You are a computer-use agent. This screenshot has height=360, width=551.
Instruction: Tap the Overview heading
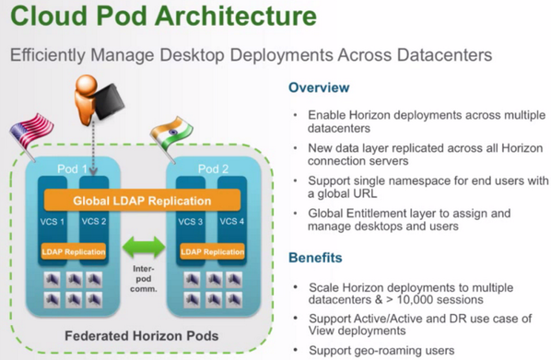(x=319, y=88)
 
